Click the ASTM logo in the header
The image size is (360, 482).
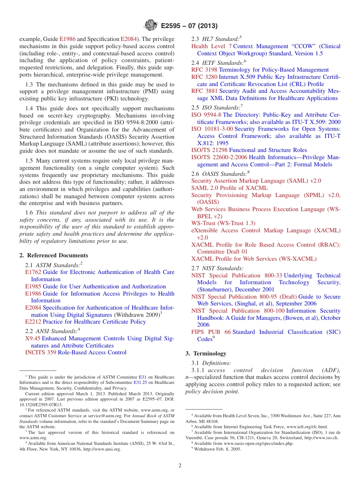(x=151, y=26)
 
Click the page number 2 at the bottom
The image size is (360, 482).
(x=180, y=465)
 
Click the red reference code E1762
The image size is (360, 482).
(x=33, y=272)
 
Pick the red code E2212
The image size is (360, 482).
(x=33, y=322)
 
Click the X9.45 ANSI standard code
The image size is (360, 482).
(x=33, y=338)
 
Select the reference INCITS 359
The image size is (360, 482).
(x=41, y=352)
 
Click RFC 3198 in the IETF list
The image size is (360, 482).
(x=204, y=70)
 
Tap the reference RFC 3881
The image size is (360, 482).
(x=204, y=91)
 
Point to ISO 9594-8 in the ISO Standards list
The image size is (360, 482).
(x=206, y=115)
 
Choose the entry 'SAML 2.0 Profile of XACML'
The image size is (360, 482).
(x=229, y=188)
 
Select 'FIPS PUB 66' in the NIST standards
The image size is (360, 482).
(x=211, y=332)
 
